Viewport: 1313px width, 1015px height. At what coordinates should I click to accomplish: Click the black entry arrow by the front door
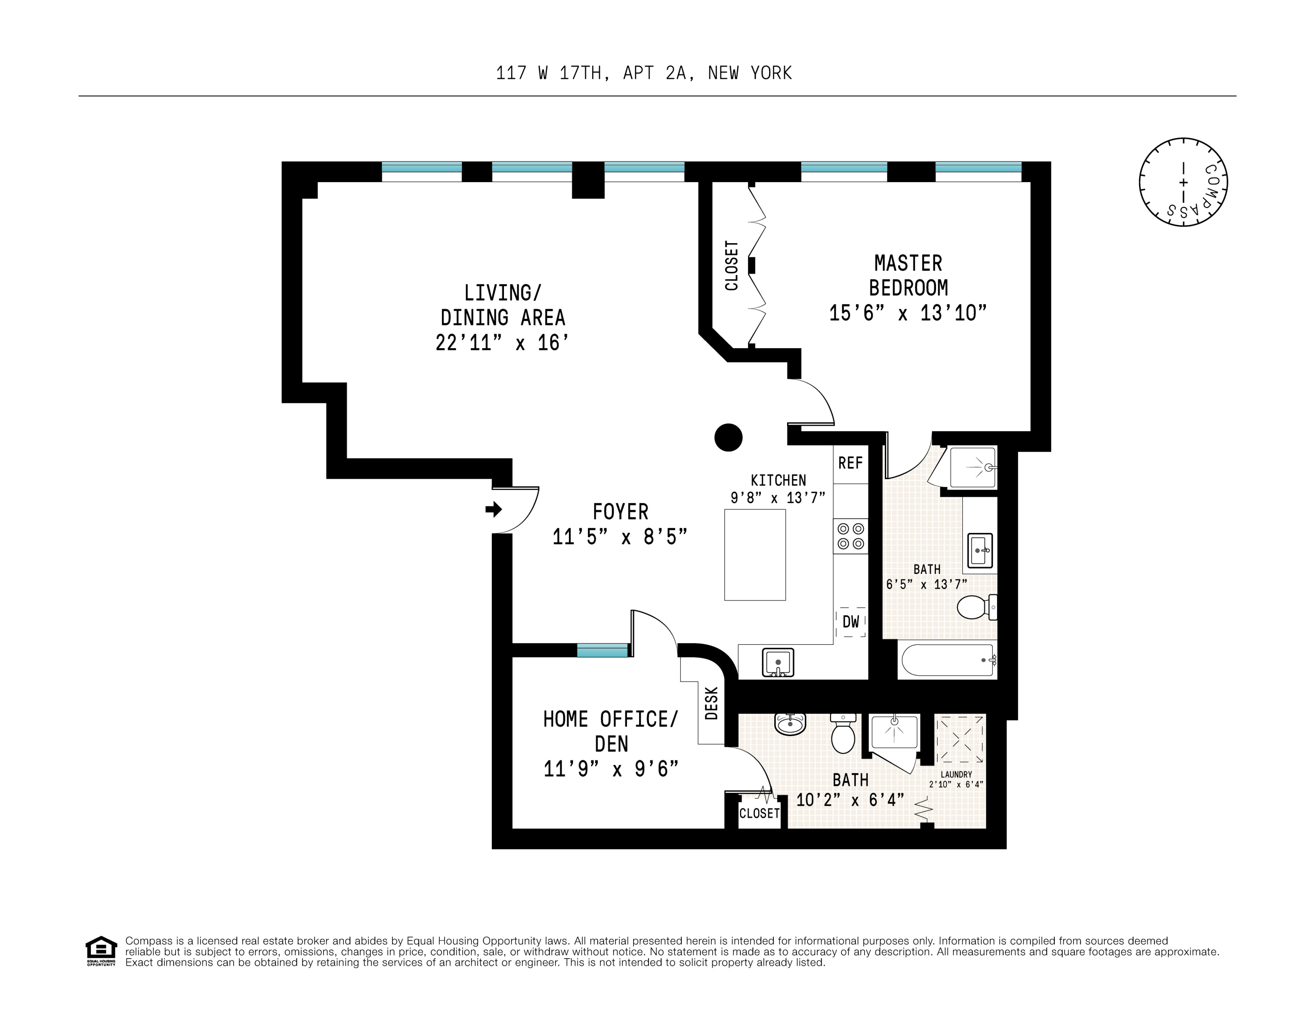point(494,509)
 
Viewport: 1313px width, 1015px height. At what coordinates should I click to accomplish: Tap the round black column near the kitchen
point(728,437)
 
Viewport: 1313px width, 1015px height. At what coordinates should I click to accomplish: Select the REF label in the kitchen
point(850,463)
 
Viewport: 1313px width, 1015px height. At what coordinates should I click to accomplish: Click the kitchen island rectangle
point(754,554)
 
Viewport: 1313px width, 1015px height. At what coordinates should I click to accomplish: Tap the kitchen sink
point(778,662)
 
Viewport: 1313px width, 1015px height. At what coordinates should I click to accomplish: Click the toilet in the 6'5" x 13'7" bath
point(974,607)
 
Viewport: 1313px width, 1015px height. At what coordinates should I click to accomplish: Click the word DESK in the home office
point(711,703)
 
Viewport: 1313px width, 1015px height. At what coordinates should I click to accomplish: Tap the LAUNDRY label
point(956,774)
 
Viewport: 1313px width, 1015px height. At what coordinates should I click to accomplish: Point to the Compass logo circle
point(1183,182)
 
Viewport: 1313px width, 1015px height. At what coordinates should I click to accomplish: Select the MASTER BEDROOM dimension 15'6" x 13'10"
point(908,313)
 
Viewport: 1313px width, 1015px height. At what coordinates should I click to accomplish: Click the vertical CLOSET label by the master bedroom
point(732,265)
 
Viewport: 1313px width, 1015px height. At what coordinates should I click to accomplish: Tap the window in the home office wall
point(602,650)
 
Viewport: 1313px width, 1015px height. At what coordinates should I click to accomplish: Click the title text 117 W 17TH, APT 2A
point(643,73)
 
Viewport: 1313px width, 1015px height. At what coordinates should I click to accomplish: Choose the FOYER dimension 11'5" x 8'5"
point(619,536)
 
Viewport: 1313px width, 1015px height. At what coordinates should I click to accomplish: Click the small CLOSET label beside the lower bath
point(759,814)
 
